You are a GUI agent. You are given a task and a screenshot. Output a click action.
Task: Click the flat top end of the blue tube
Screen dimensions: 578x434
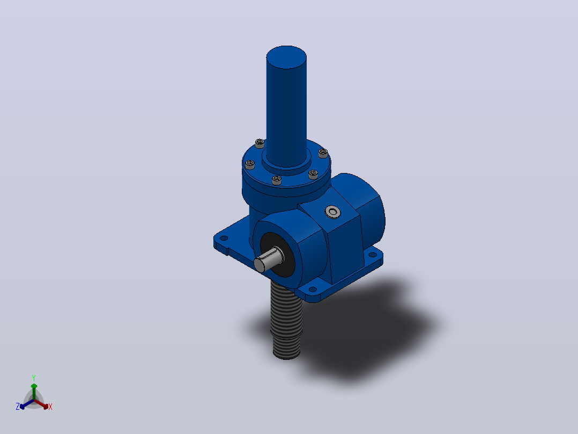(286, 57)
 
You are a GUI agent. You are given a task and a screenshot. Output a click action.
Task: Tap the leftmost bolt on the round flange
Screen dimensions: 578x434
(250, 164)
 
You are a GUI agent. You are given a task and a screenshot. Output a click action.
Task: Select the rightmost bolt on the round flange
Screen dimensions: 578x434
(323, 153)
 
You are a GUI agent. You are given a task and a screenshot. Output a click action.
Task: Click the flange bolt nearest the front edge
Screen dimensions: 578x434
(277, 180)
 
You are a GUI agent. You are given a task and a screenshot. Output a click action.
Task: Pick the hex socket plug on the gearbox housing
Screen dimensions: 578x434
(333, 212)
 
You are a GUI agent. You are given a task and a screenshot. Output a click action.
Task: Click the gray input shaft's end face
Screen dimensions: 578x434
(260, 265)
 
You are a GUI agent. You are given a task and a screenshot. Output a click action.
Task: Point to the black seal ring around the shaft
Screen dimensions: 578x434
(278, 255)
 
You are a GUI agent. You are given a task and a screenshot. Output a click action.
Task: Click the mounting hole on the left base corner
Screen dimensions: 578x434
(224, 238)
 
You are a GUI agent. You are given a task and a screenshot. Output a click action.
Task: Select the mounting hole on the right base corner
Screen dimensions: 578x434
(373, 255)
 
